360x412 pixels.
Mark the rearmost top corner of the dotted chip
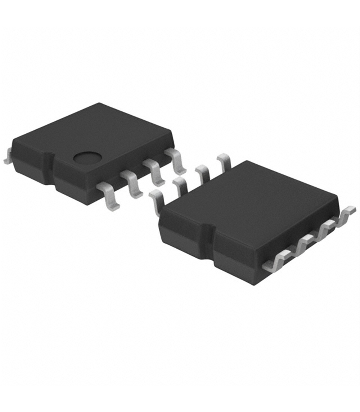click(x=100, y=104)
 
